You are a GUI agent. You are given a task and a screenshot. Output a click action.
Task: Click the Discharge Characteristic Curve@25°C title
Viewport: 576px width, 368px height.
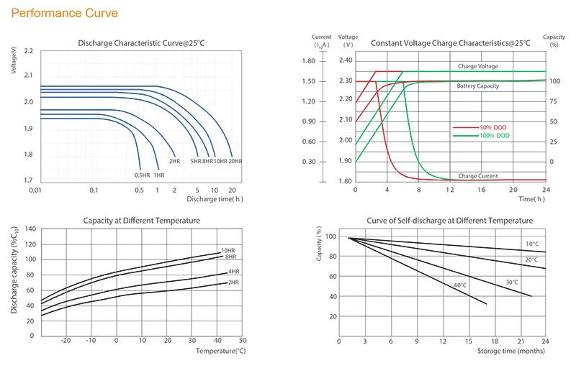tap(140, 44)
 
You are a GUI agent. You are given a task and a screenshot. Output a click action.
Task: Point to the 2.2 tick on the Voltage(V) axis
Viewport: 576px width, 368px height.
tap(28, 52)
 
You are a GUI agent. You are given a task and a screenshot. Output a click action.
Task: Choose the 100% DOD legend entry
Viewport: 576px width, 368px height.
tap(495, 135)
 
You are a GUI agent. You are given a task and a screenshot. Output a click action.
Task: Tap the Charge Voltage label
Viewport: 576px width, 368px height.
tap(478, 66)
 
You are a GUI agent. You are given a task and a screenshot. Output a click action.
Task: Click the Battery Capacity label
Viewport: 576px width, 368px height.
tap(478, 86)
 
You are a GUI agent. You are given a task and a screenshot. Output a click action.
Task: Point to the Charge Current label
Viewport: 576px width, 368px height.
tap(478, 175)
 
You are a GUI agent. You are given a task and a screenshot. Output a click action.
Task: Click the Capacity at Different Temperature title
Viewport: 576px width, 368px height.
tap(141, 221)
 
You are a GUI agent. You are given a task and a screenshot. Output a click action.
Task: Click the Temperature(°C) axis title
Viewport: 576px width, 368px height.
tap(220, 351)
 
